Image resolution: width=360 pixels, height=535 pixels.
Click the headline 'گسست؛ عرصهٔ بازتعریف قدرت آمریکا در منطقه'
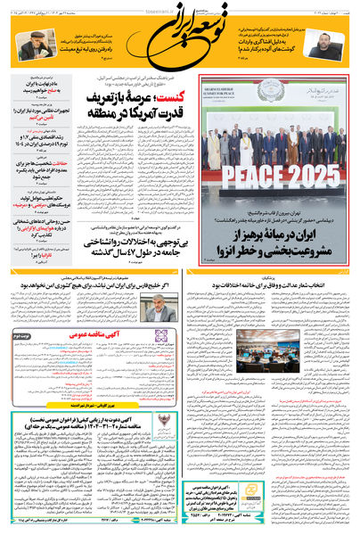121,105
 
